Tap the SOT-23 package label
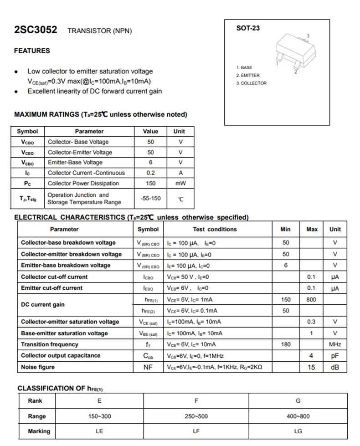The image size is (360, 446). click(248, 28)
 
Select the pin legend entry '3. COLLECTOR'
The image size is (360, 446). click(251, 83)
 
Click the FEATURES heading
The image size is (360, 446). click(32, 51)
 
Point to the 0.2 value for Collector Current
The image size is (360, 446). click(150, 173)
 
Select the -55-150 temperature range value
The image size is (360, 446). click(150, 198)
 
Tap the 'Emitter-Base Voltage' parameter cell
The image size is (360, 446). click(75, 163)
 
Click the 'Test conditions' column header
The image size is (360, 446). click(215, 229)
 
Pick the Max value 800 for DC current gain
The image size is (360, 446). click(311, 300)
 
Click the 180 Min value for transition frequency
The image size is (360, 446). click(286, 344)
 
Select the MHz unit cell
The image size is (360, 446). click(335, 344)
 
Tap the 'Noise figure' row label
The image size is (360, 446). click(38, 367)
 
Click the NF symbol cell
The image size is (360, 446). click(148, 367)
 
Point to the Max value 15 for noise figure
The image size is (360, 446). click(311, 367)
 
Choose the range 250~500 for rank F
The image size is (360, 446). click(196, 416)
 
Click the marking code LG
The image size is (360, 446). click(298, 431)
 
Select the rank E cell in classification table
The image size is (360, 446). click(99, 401)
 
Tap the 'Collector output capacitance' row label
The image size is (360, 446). click(61, 356)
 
